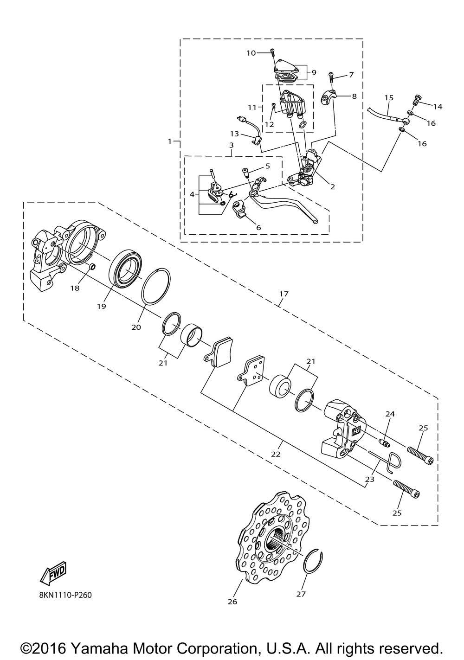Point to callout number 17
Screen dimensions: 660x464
pos(284,294)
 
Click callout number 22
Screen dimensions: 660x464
pos(276,454)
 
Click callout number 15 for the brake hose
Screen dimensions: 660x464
pos(389,98)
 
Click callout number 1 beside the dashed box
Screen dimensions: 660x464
pos(170,141)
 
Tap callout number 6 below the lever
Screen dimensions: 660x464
pos(258,228)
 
